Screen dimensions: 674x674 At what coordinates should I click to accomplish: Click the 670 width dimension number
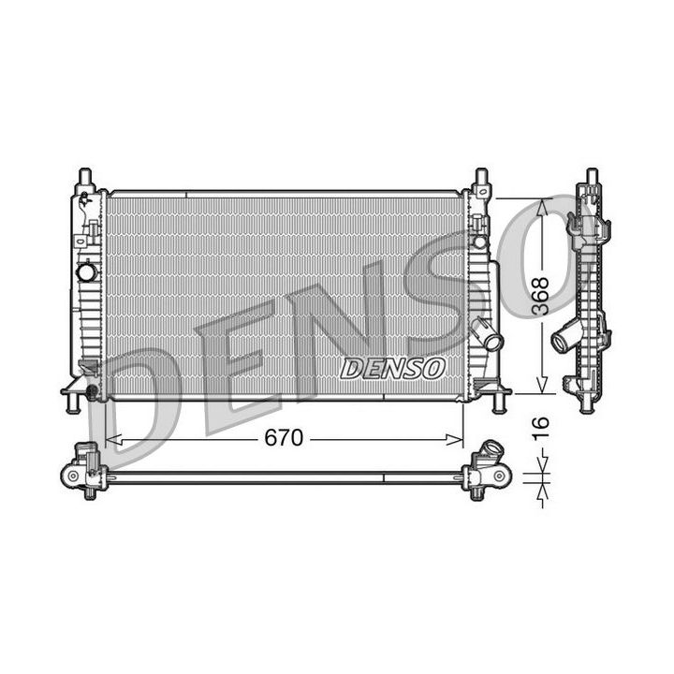(283, 438)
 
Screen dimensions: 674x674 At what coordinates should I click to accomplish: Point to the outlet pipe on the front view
(486, 334)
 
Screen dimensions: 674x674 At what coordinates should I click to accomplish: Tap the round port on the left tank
(86, 272)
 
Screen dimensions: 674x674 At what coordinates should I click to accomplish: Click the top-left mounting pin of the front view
(84, 177)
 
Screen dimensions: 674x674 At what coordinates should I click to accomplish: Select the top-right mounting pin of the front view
(481, 177)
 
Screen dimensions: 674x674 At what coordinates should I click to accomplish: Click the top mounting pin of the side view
(591, 177)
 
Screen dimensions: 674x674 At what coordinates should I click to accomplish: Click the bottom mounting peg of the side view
(587, 405)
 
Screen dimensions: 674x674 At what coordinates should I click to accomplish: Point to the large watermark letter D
(150, 403)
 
